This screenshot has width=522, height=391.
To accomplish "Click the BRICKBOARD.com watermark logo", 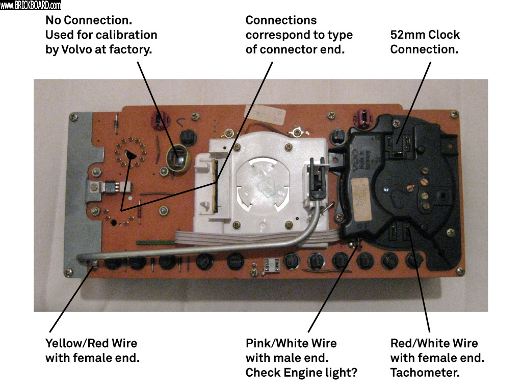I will point(31,6).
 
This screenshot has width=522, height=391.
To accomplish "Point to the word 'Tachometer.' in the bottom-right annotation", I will point(425,373).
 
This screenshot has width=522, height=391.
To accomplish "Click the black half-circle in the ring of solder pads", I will point(131,155).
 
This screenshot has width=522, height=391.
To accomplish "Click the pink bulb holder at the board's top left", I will point(158,121).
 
